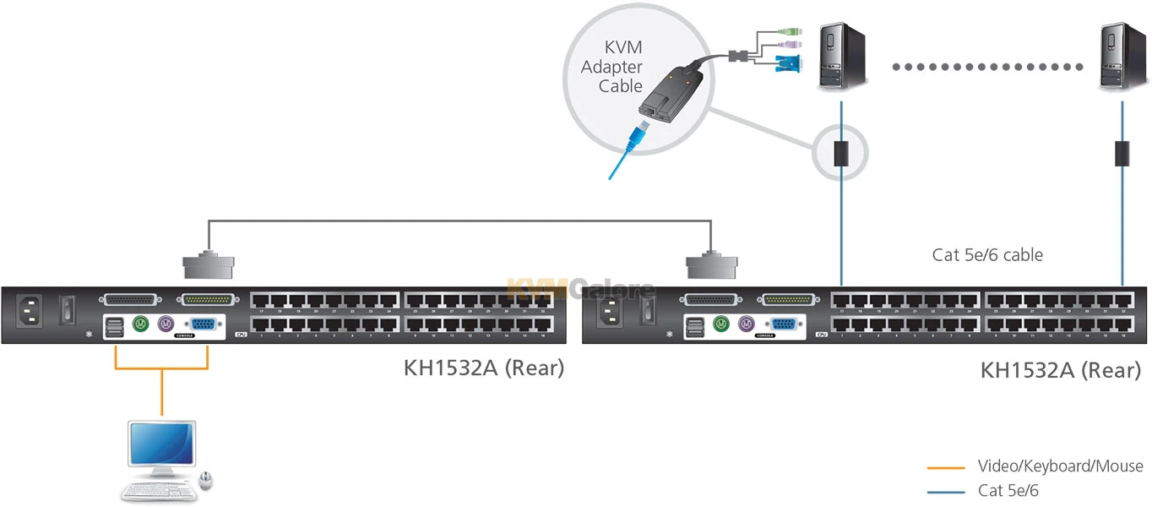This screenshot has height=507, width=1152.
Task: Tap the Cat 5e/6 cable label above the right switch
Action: (987, 254)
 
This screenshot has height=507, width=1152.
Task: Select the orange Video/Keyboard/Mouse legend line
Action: (946, 466)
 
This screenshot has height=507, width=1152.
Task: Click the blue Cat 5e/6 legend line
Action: (946, 490)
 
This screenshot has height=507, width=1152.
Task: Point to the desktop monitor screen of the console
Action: (161, 444)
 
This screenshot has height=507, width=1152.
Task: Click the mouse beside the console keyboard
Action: (206, 481)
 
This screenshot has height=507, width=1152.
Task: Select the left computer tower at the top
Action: (841, 57)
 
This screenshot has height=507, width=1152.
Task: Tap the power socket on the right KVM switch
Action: (613, 311)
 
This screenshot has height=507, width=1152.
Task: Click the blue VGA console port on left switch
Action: (199, 324)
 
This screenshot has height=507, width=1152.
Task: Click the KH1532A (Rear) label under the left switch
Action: (483, 368)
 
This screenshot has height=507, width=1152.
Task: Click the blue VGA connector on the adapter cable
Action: (787, 61)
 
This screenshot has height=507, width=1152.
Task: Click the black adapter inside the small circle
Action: (840, 154)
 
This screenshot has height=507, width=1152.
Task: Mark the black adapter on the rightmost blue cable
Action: (1122, 154)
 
